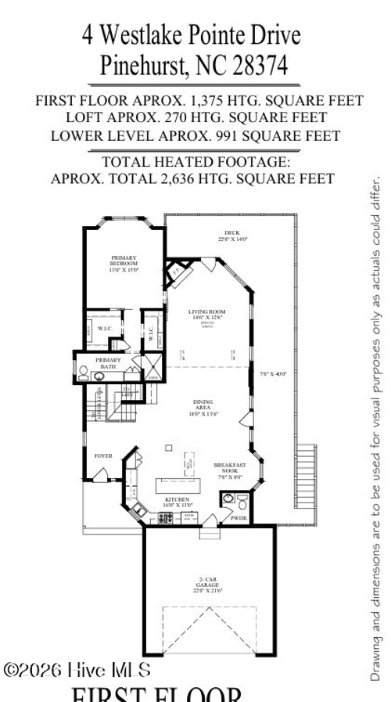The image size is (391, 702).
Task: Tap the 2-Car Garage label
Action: (x=208, y=584)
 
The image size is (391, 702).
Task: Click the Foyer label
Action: (x=103, y=454)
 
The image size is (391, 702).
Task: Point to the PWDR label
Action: (x=239, y=517)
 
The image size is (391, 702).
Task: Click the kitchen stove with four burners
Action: (x=167, y=517)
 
